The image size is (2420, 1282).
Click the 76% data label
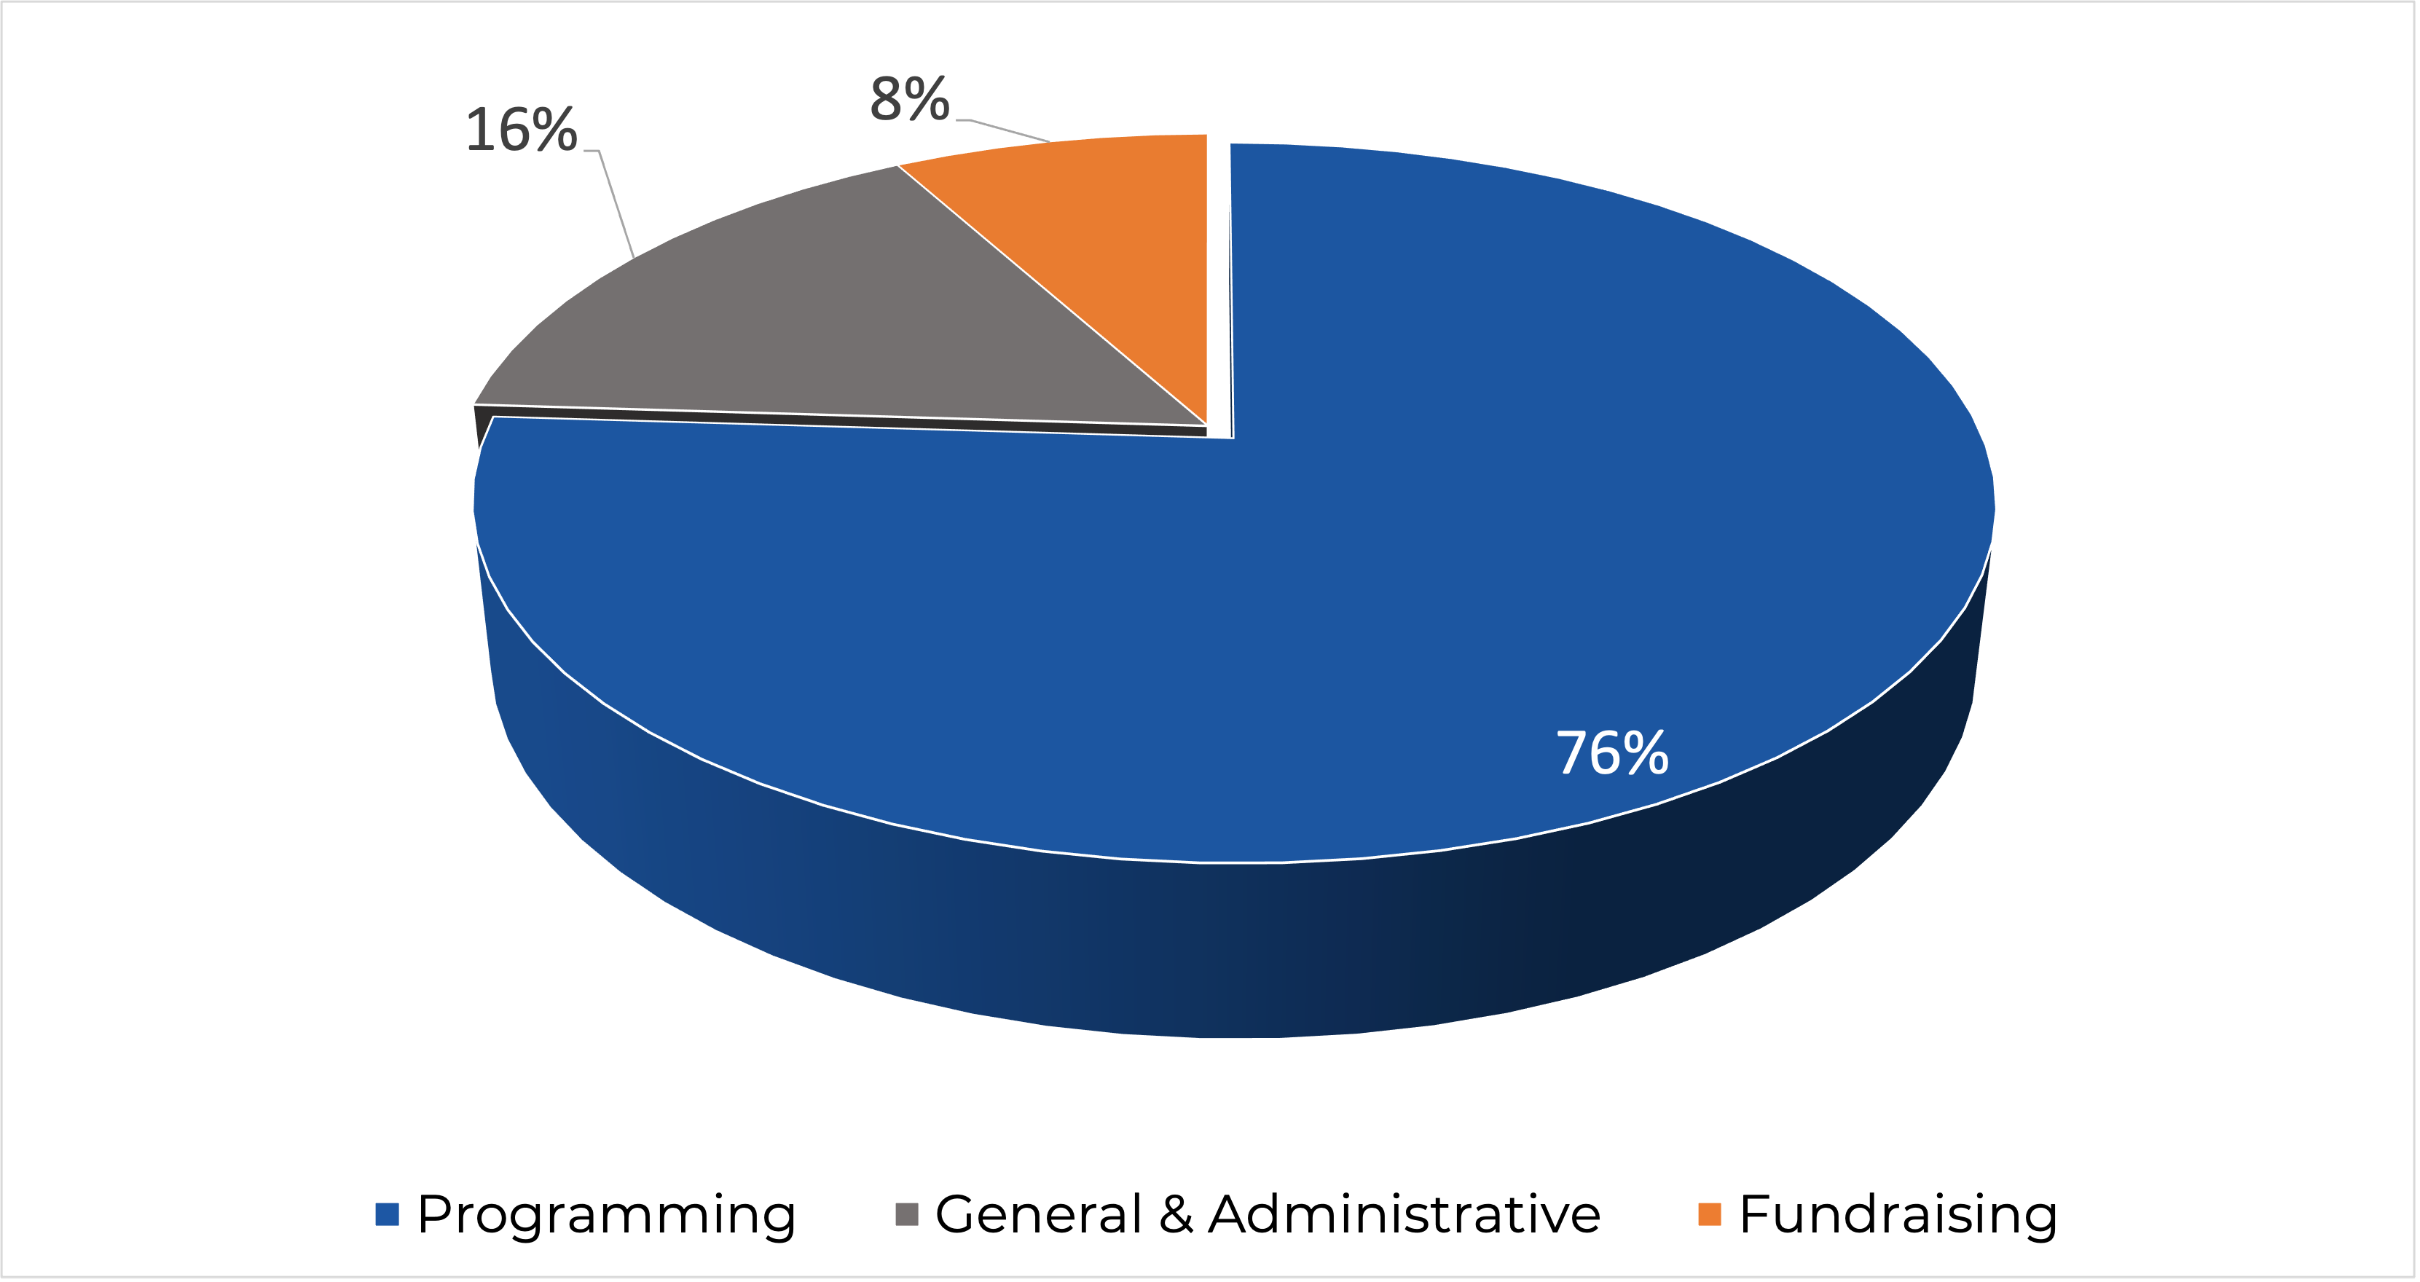[x=1612, y=753]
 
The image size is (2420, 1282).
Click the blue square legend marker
[x=387, y=1214]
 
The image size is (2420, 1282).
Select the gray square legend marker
[x=906, y=1214]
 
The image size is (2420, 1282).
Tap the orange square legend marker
[x=1710, y=1214]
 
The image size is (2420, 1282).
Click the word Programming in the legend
[x=606, y=1214]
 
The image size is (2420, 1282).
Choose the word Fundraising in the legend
[x=1898, y=1214]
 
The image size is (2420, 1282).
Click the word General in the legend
[x=1037, y=1214]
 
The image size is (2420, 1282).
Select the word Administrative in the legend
[x=1404, y=1214]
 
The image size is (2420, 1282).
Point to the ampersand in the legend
[x=1175, y=1214]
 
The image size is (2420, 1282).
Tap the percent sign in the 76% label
[x=1645, y=753]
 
